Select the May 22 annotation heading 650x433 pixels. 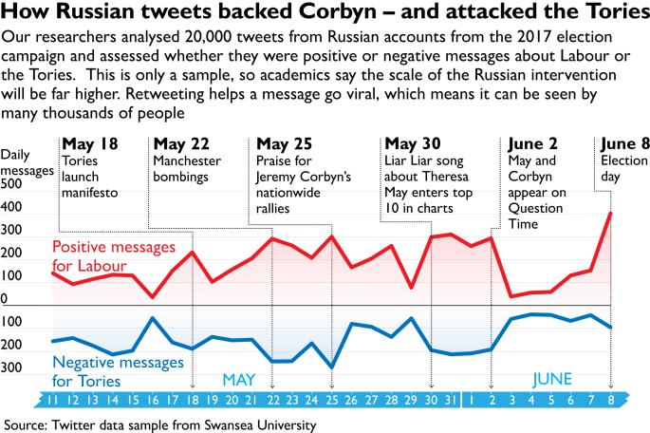pyautogui.click(x=180, y=144)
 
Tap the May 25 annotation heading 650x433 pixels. pyautogui.click(x=285, y=144)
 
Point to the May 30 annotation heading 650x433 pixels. pyautogui.click(x=415, y=144)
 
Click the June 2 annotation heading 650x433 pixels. pyautogui.click(x=535, y=144)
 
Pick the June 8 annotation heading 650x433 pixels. pyautogui.click(x=622, y=144)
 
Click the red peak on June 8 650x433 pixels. pyautogui.click(x=610, y=214)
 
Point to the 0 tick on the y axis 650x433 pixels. pyautogui.click(x=5, y=299)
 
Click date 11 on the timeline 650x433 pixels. pyautogui.click(x=54, y=400)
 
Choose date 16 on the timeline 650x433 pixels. pyautogui.click(x=153, y=400)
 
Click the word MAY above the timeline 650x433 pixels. pyautogui.click(x=240, y=380)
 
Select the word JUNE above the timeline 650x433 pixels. pyautogui.click(x=551, y=380)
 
